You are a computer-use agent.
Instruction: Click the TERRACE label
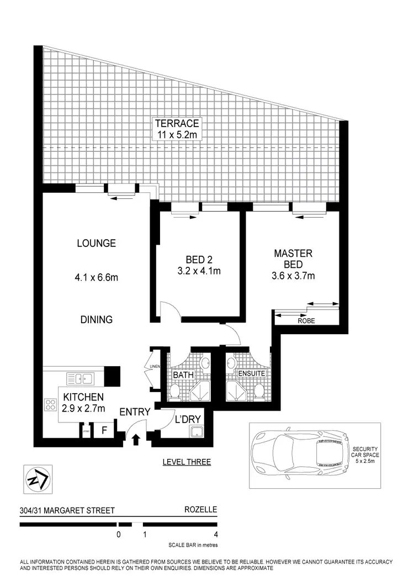[x=177, y=123]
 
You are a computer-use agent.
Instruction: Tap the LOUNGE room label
[x=96, y=243]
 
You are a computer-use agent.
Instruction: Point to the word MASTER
[x=293, y=254]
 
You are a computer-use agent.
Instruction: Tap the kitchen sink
[x=80, y=379]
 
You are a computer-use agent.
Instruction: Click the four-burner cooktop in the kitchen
[x=51, y=405]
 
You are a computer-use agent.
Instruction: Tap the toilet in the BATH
[x=174, y=392]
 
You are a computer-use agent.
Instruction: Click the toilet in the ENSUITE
[x=258, y=391]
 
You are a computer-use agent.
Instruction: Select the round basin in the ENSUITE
[x=231, y=363]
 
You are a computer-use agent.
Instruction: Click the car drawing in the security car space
[x=300, y=455]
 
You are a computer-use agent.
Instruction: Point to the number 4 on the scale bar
[x=215, y=535]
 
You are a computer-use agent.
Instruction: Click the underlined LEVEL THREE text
[x=187, y=462]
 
